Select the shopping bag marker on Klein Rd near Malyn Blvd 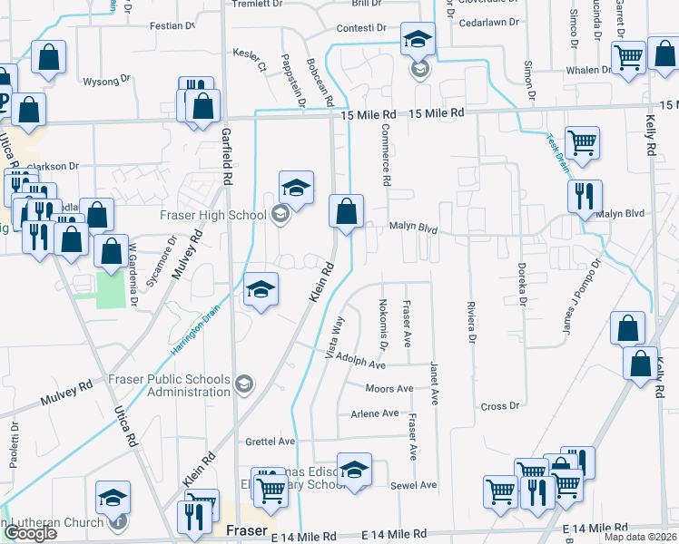tap(346, 212)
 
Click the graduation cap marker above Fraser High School tap(296, 189)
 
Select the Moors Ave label tap(389, 389)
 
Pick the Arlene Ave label tap(374, 413)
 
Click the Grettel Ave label tap(271, 442)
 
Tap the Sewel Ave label tap(415, 485)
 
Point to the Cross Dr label tap(499, 406)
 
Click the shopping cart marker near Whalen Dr tap(628, 58)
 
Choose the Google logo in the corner tap(29, 533)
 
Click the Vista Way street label tap(334, 337)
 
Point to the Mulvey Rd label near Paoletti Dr tap(66, 393)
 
